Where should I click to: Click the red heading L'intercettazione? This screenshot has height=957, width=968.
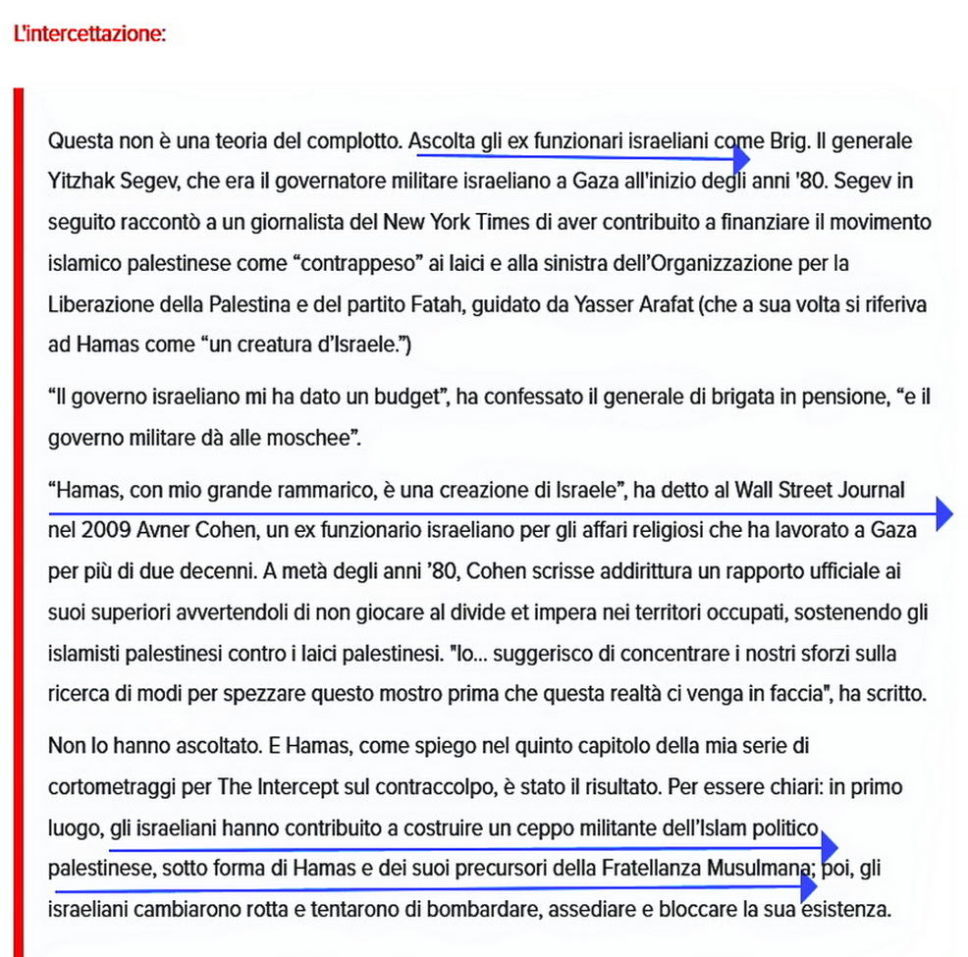[89, 33]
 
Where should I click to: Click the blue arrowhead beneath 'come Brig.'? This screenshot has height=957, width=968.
[742, 157]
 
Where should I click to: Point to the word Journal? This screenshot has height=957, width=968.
[869, 489]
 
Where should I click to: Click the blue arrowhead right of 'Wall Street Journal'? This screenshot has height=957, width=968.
[943, 512]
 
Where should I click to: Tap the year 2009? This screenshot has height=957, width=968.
[106, 530]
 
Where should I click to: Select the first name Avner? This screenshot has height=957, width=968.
[162, 530]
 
